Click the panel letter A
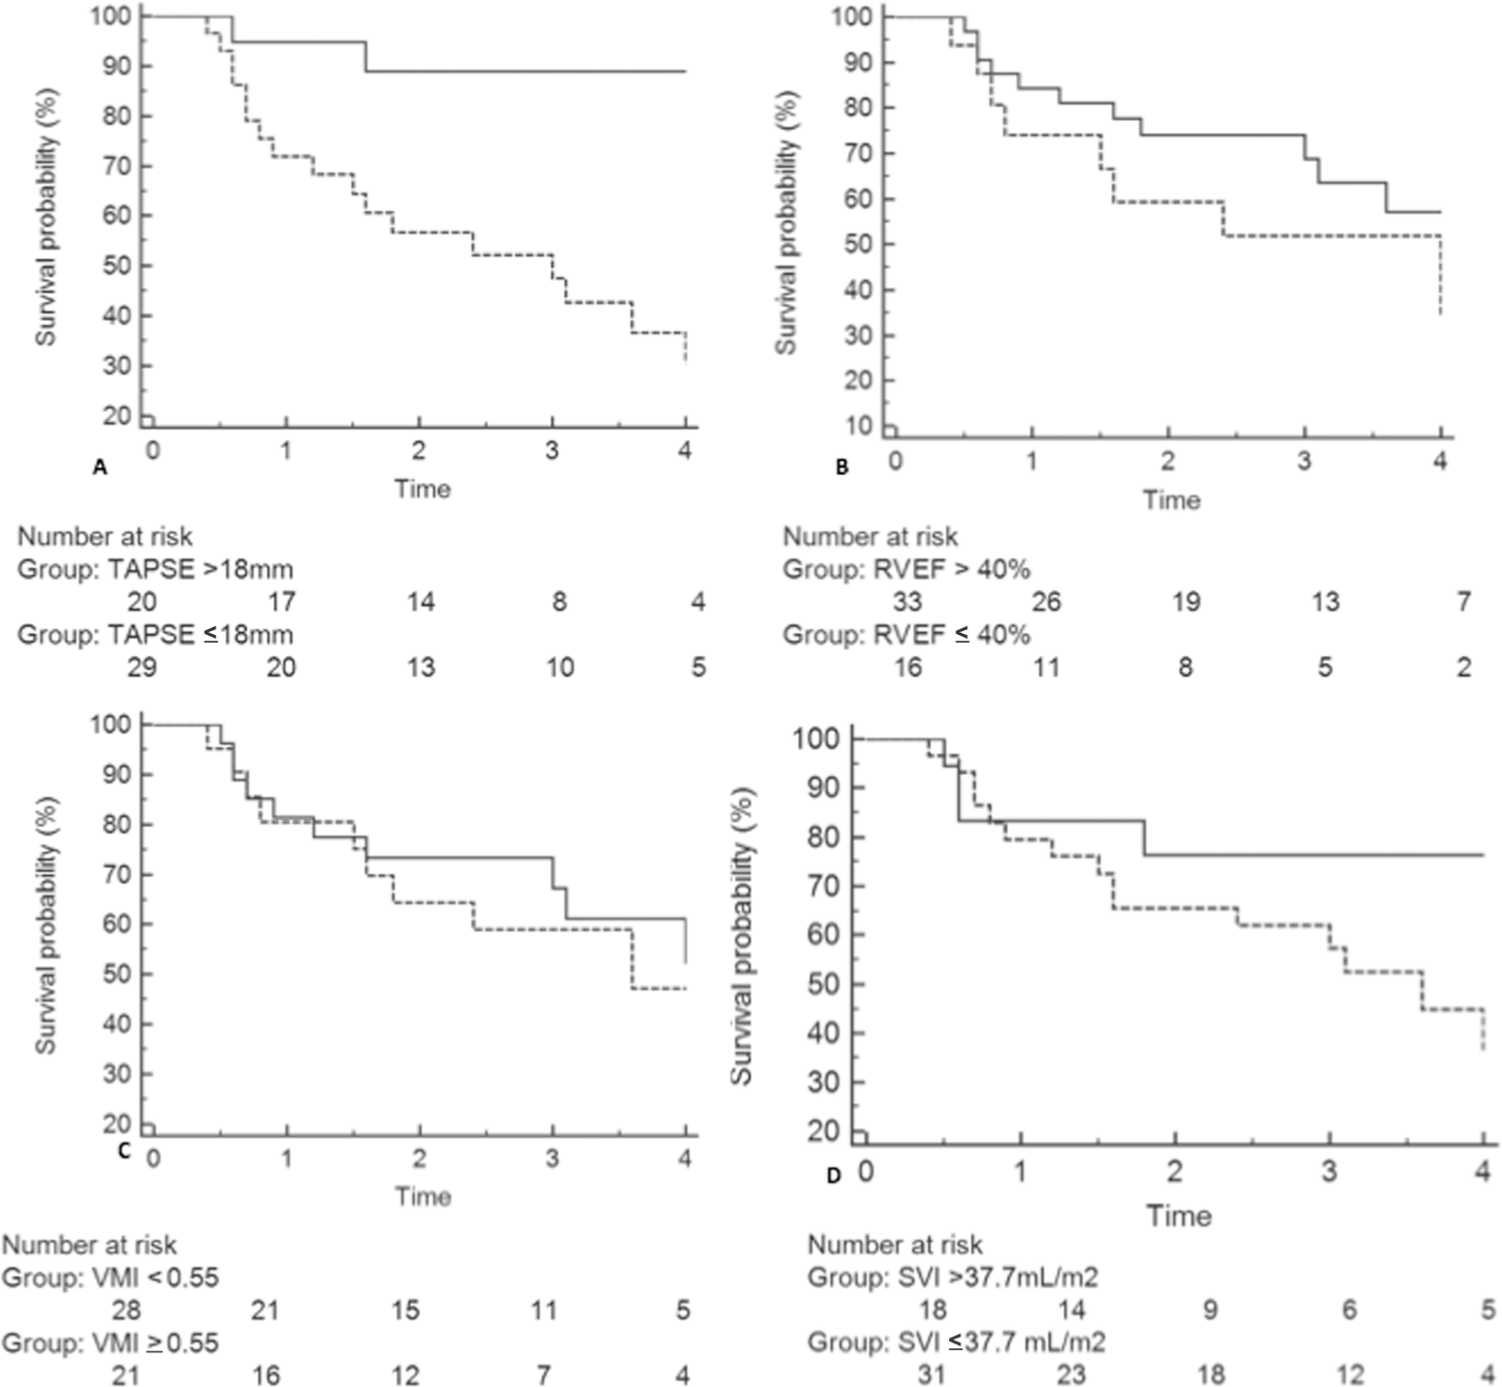click(97, 467)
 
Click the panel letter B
click(840, 467)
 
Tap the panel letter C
click(123, 1150)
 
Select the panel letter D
click(834, 1175)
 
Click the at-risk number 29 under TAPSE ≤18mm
click(142, 667)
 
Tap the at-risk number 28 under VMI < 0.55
click(126, 1311)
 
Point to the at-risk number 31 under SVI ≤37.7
click(932, 1375)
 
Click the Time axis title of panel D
click(1178, 1216)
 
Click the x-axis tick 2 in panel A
click(419, 449)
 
